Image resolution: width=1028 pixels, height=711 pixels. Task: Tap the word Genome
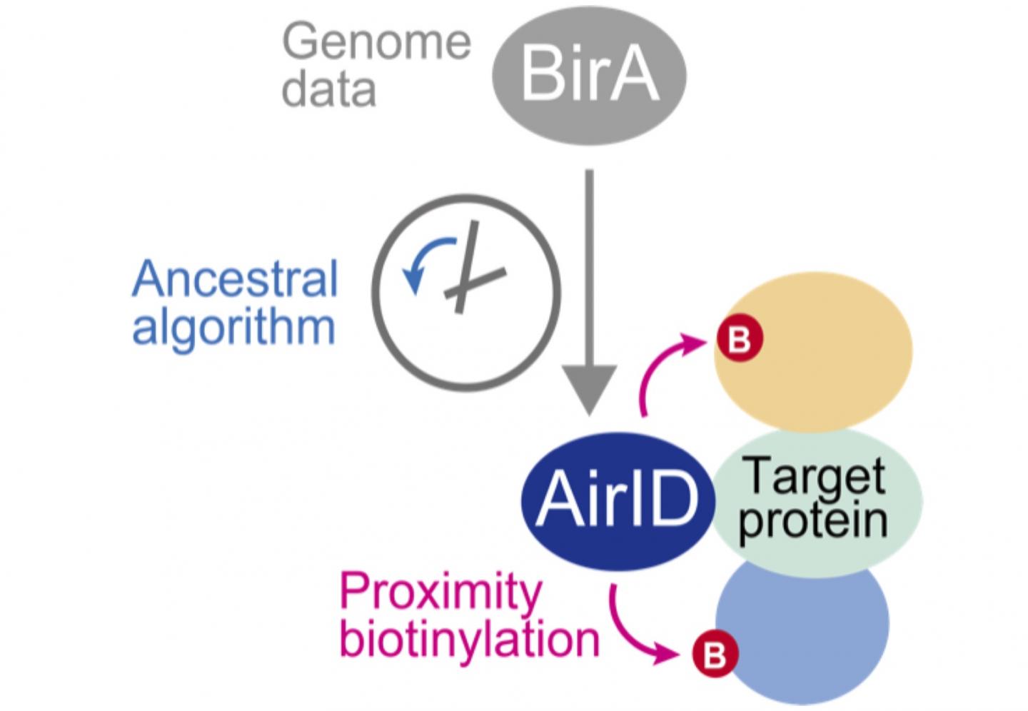click(376, 43)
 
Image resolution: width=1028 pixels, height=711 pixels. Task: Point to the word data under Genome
click(328, 90)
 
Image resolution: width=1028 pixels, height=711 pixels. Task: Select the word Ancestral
click(235, 279)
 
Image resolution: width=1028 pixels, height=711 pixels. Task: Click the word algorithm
click(233, 328)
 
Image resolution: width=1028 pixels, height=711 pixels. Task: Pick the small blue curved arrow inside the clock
click(425, 261)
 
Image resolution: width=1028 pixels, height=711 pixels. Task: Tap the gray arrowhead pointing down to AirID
click(589, 389)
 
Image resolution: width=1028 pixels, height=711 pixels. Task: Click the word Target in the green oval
click(814, 475)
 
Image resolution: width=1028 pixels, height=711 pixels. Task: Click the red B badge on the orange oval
click(740, 339)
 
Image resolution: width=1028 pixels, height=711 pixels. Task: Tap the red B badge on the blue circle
click(715, 654)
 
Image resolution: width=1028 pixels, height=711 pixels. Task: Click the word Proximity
click(440, 592)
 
